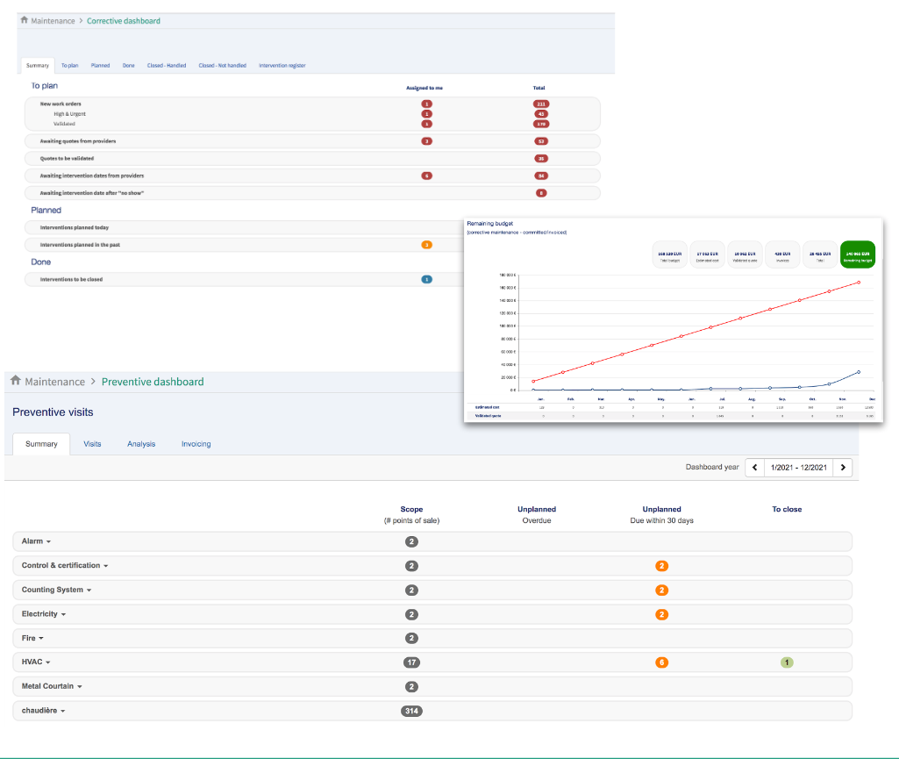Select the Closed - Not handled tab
pyautogui.click(x=222, y=66)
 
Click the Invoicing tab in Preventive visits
pyautogui.click(x=196, y=444)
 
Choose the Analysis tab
pyautogui.click(x=141, y=444)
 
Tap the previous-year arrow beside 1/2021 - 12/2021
pyautogui.click(x=754, y=468)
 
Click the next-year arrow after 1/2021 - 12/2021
pyautogui.click(x=843, y=468)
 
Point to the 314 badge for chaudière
pyautogui.click(x=411, y=711)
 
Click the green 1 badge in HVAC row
pyautogui.click(x=787, y=662)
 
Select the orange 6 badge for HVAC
pyautogui.click(x=661, y=662)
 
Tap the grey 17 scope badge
pyautogui.click(x=411, y=662)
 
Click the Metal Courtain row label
pyautogui.click(x=52, y=686)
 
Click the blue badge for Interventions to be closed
pyautogui.click(x=427, y=280)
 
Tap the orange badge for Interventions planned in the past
pyautogui.click(x=427, y=245)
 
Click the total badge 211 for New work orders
pyautogui.click(x=541, y=104)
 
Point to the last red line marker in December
pyautogui.click(x=859, y=283)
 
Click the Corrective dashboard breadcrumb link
pyautogui.click(x=124, y=21)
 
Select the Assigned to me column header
pyautogui.click(x=425, y=88)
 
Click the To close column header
pyautogui.click(x=787, y=509)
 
